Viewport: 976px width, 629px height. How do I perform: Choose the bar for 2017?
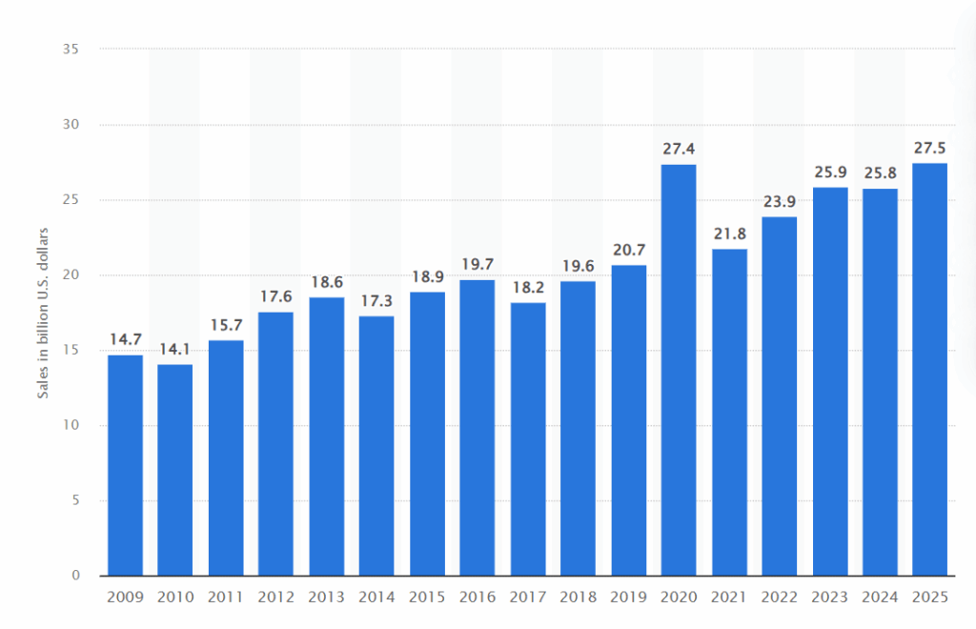coord(528,438)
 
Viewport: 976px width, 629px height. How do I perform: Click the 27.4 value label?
coord(679,149)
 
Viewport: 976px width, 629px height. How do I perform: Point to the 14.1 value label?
coord(175,349)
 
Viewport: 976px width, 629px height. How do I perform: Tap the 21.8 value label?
coord(729,233)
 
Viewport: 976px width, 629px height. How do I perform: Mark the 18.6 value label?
coord(326,281)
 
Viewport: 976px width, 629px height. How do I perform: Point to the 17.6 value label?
coord(275,296)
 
